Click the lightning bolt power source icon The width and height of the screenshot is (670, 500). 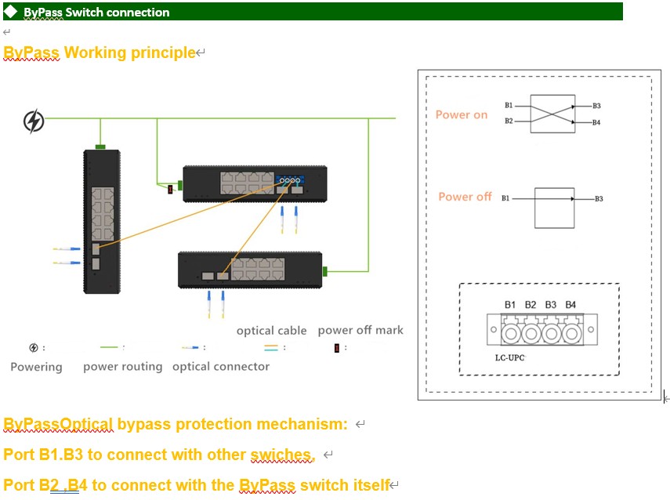[34, 121]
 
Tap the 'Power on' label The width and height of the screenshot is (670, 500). [462, 114]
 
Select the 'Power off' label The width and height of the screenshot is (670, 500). [465, 197]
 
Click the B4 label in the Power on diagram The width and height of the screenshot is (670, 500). [597, 122]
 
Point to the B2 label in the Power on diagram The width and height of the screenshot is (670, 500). [509, 121]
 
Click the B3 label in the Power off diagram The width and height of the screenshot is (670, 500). [599, 199]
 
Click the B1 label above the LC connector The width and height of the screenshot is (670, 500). [510, 304]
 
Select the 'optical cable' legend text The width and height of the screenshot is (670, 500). [272, 331]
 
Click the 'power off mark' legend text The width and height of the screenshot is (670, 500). [360, 330]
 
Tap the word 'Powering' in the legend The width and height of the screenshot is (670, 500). [36, 367]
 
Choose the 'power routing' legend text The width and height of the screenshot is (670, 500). [123, 367]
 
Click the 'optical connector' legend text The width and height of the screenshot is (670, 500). [221, 367]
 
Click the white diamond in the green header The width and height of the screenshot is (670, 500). [11, 12]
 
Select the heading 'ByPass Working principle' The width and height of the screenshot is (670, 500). [100, 53]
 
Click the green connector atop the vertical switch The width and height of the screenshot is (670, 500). [100, 146]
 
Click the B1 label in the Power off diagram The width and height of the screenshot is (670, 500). [505, 199]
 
